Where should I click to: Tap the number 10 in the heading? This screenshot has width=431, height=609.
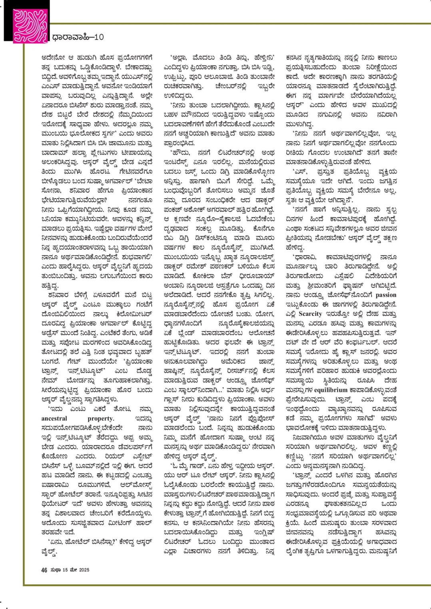tap(99, 37)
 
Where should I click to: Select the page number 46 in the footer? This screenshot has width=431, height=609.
tap(44, 570)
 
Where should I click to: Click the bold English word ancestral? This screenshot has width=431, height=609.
tap(54, 418)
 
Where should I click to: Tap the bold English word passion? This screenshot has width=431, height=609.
tap(386, 295)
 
